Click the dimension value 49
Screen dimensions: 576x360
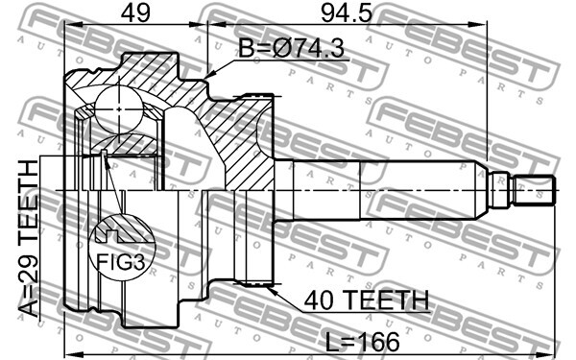tap(136, 13)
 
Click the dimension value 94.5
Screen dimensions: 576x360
tap(346, 13)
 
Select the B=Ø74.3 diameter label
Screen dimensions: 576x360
tap(291, 49)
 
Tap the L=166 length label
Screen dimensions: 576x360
tap(363, 342)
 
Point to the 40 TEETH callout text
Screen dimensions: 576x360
tap(367, 300)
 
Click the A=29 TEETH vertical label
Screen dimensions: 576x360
tap(29, 239)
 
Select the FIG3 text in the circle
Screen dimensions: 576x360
tap(121, 262)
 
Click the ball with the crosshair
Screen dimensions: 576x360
tap(119, 108)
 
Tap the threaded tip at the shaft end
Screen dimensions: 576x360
tap(534, 190)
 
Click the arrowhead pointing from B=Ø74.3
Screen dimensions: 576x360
tap(210, 75)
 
